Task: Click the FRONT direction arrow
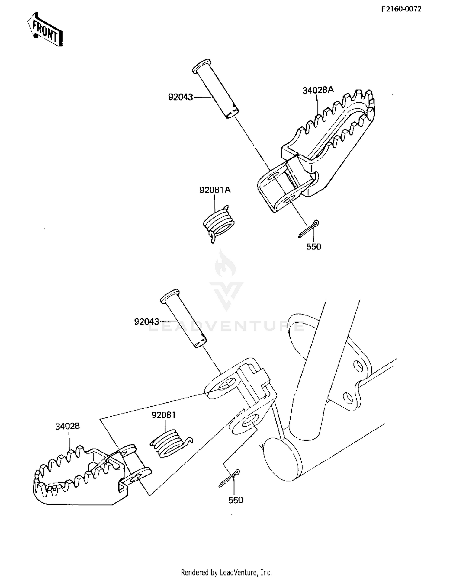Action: [x=45, y=30]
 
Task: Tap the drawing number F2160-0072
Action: [x=401, y=9]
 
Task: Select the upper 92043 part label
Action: [x=180, y=97]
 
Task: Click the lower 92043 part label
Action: [x=146, y=322]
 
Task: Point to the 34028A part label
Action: [x=318, y=90]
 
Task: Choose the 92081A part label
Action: [x=215, y=190]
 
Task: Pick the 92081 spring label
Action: [x=163, y=415]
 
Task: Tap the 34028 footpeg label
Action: [x=67, y=426]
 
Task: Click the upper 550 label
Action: [x=314, y=247]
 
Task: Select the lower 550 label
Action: [x=236, y=500]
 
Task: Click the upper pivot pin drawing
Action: [x=215, y=89]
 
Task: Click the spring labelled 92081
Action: [x=169, y=443]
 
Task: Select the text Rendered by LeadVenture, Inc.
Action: [x=226, y=572]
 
